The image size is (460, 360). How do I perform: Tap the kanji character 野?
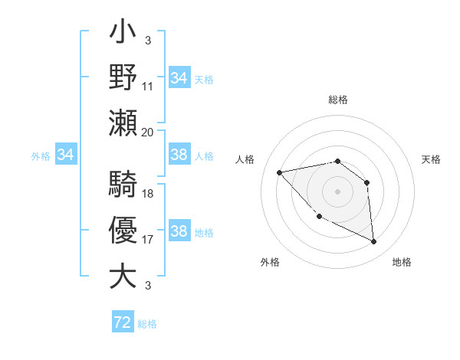(123, 77)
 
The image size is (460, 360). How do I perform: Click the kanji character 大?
(123, 275)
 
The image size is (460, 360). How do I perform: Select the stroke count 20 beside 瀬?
(148, 132)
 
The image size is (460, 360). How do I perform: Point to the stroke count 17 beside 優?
(148, 240)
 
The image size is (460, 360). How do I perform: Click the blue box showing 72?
(123, 322)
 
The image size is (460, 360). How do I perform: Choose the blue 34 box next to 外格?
(66, 155)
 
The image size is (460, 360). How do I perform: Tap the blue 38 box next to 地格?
(179, 231)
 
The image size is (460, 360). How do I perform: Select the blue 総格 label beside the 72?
(147, 324)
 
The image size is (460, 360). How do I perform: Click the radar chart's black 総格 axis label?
(337, 100)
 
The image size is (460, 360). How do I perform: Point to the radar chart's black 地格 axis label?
(402, 262)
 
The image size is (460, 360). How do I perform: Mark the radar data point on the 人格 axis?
(280, 172)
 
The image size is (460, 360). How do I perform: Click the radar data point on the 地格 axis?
(373, 241)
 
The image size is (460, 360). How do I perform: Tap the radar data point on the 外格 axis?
(319, 217)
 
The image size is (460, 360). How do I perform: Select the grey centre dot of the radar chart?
(337, 191)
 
